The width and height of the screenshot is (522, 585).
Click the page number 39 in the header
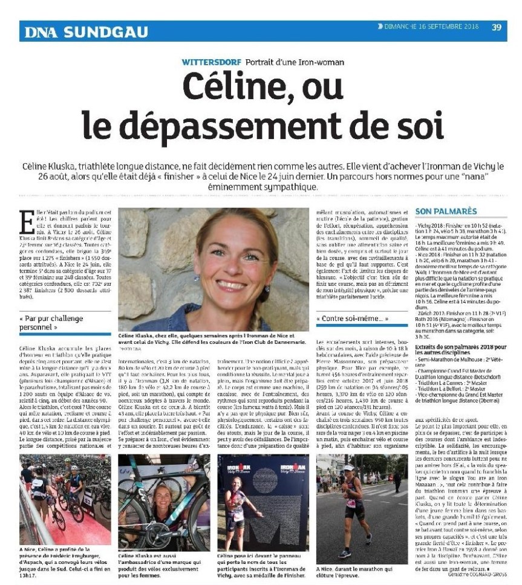tap(497, 27)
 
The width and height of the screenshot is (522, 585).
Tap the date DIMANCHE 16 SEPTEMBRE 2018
tap(431, 27)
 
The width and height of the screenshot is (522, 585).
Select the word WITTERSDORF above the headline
tap(212, 62)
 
